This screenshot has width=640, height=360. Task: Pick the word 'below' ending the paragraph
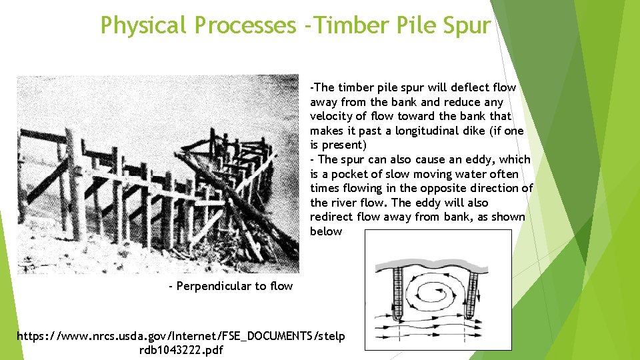pos(326,231)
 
